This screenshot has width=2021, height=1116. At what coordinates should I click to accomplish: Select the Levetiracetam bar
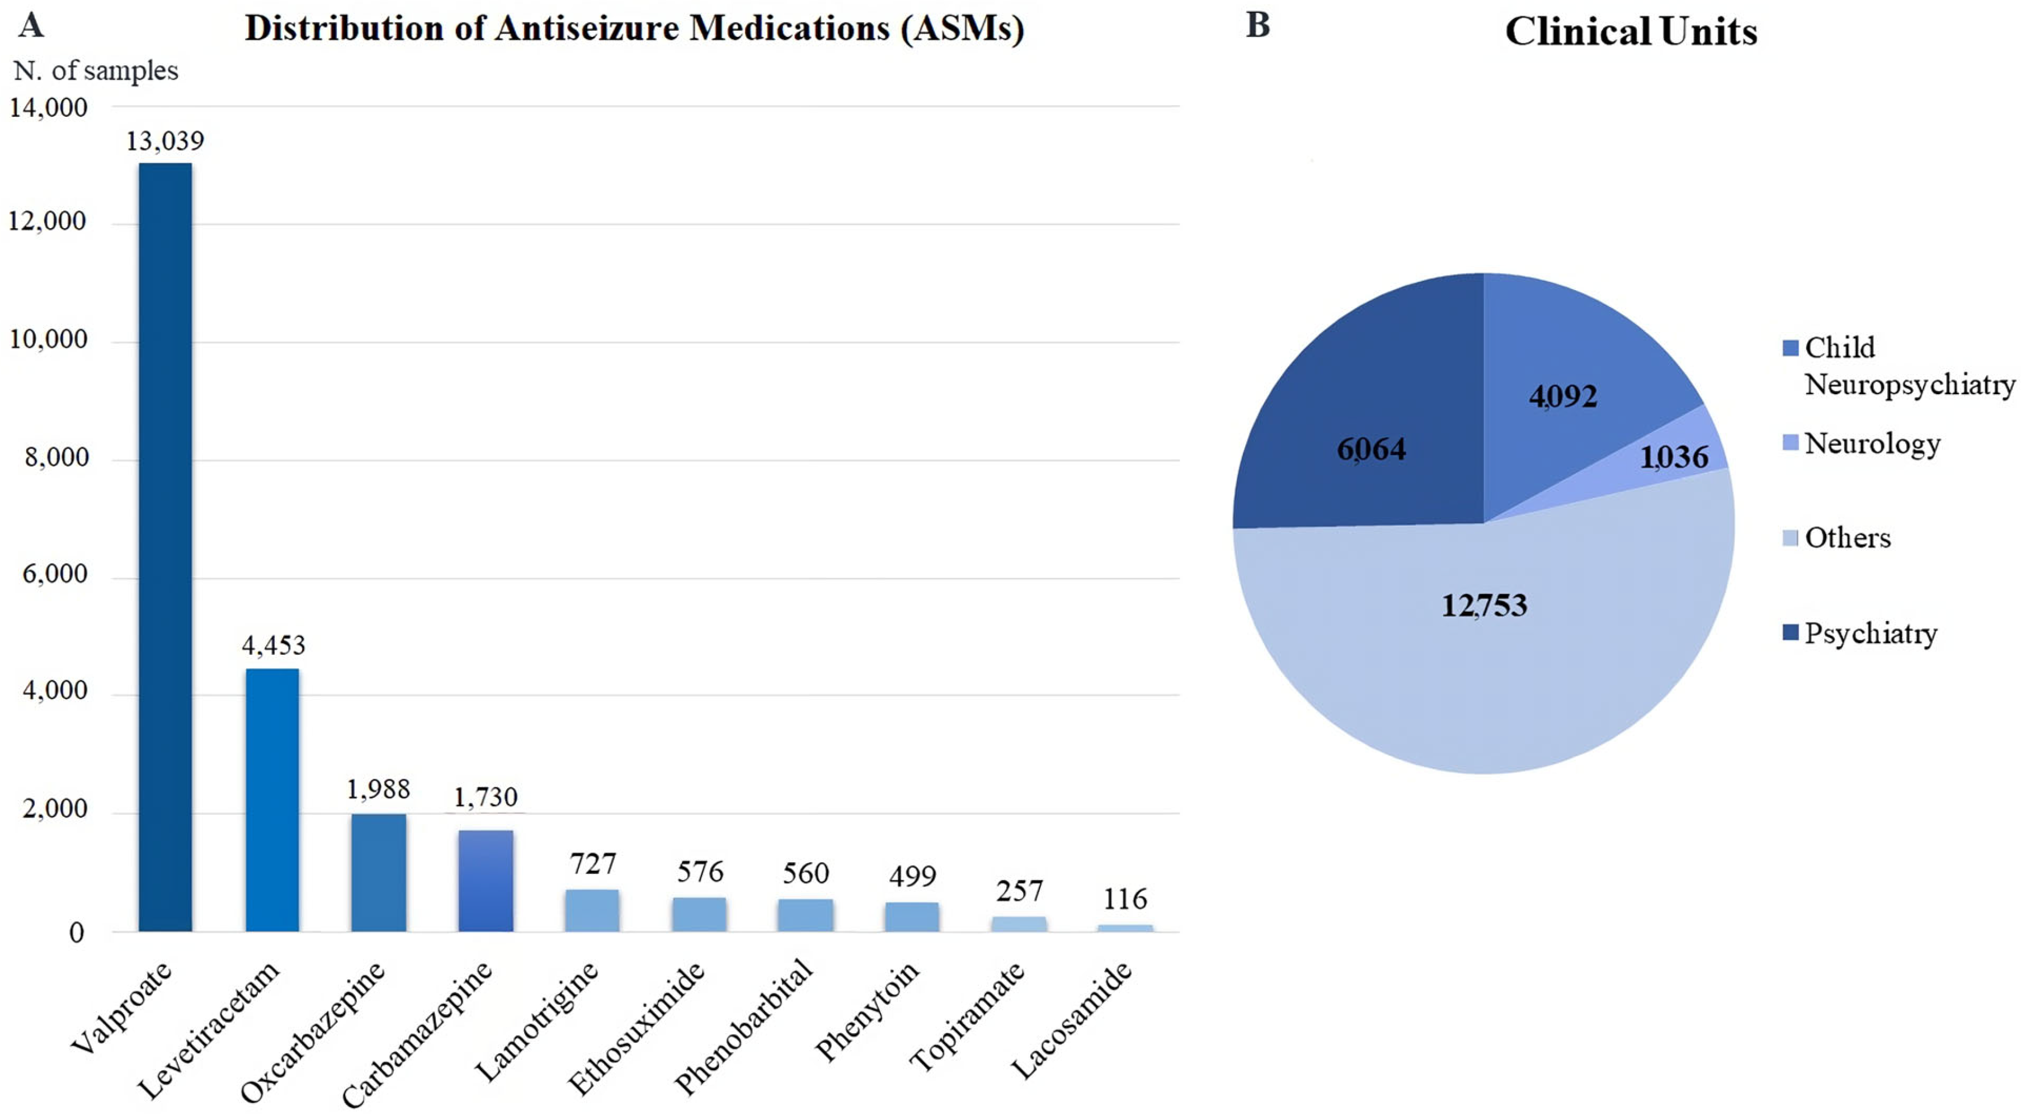(272, 800)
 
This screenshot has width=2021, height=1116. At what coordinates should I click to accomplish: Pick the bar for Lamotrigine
(592, 911)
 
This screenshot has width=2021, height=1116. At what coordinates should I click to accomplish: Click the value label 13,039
(165, 141)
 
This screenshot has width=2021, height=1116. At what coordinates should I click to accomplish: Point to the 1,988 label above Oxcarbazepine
(378, 789)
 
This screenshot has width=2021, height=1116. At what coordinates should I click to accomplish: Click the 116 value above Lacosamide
(1125, 899)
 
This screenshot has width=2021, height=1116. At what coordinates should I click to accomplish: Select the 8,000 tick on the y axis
(56, 457)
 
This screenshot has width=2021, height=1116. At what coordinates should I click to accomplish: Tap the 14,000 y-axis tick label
(49, 107)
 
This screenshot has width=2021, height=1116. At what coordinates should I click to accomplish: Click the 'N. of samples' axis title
(96, 70)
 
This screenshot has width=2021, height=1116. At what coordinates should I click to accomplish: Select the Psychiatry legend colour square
(1789, 632)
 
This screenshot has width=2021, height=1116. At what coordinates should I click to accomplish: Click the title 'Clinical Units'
(1631, 31)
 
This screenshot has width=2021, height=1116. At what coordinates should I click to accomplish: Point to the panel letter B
(1257, 25)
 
